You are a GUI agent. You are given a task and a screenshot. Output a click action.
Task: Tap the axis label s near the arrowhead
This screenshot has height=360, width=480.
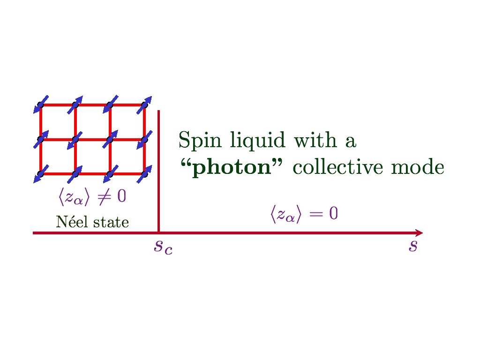412,246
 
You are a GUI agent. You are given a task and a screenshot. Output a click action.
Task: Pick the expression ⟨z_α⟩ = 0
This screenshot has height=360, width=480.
303,214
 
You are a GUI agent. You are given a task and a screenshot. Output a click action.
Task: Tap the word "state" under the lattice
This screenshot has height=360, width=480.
111,222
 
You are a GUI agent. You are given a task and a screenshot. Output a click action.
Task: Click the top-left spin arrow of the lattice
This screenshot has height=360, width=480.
41,105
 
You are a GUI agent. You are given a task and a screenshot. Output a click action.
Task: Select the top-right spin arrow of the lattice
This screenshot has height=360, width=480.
145,105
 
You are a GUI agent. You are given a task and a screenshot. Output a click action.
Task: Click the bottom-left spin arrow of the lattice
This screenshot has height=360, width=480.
41,173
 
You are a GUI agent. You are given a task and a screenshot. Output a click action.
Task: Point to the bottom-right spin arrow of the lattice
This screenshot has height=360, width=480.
145,173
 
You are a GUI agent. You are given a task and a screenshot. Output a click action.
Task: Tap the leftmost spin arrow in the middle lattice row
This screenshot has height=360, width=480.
41,139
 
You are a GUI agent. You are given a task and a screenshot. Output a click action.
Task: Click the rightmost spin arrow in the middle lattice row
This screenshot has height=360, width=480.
145,139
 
